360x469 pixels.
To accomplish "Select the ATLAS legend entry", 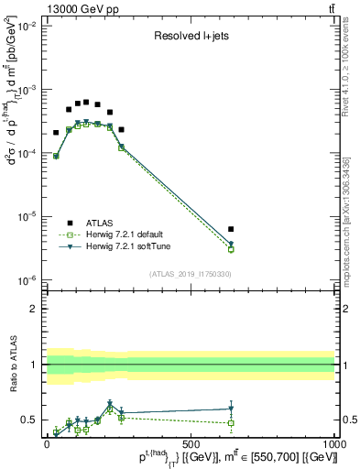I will (99, 223).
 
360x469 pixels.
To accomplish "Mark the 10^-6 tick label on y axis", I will (25, 280).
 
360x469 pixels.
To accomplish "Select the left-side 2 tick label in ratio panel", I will (34, 309).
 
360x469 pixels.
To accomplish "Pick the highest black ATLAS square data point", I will (86, 103).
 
